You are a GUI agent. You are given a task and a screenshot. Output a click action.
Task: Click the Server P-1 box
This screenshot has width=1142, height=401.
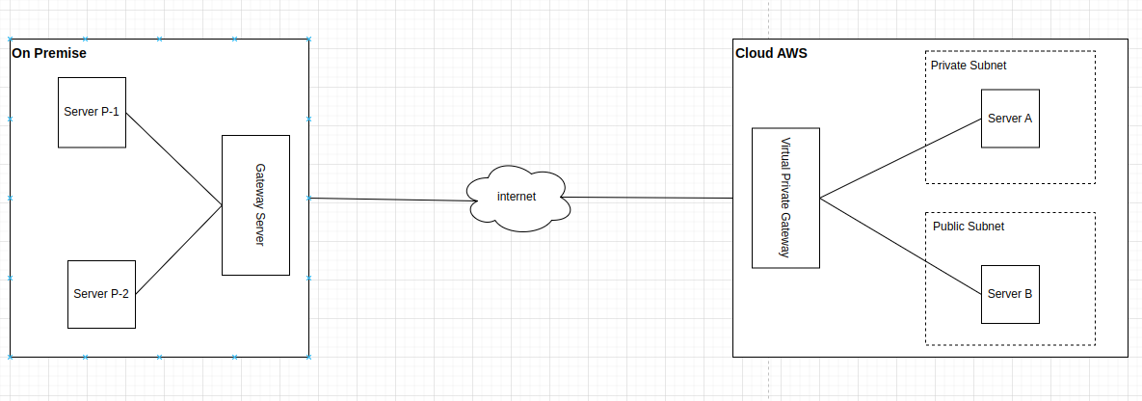(92, 112)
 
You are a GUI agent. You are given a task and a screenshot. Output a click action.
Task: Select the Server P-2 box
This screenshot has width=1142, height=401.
(101, 294)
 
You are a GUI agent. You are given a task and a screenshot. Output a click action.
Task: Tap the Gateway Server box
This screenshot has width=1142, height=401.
(255, 205)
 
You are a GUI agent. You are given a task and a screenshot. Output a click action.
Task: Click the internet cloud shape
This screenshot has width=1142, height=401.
(518, 199)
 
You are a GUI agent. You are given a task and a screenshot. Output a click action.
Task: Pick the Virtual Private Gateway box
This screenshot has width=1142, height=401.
(785, 199)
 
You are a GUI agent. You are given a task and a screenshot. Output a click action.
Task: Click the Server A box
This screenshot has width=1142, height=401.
(1010, 119)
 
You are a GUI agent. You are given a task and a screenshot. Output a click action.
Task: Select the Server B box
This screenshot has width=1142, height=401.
(1010, 295)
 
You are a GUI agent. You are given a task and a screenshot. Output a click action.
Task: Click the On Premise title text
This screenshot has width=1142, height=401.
(49, 53)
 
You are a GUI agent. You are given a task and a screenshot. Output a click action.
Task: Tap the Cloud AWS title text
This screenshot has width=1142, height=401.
(771, 53)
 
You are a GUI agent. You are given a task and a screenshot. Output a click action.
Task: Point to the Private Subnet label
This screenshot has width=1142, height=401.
(969, 66)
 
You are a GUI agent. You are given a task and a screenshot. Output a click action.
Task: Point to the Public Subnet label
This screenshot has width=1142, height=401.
(969, 227)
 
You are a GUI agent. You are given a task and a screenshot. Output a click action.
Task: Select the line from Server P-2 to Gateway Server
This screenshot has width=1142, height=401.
(178, 250)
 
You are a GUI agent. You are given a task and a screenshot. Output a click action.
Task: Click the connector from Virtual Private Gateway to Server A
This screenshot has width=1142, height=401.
(900, 158)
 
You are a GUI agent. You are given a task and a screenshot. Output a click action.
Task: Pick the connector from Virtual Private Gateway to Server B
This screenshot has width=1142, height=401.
(900, 247)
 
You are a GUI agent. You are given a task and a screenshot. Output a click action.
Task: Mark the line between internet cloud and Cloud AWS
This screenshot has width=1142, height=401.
(649, 198)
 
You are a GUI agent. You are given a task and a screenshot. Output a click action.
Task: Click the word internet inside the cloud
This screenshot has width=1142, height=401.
(517, 196)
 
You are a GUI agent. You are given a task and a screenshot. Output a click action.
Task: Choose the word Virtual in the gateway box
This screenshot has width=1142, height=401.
(785, 154)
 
